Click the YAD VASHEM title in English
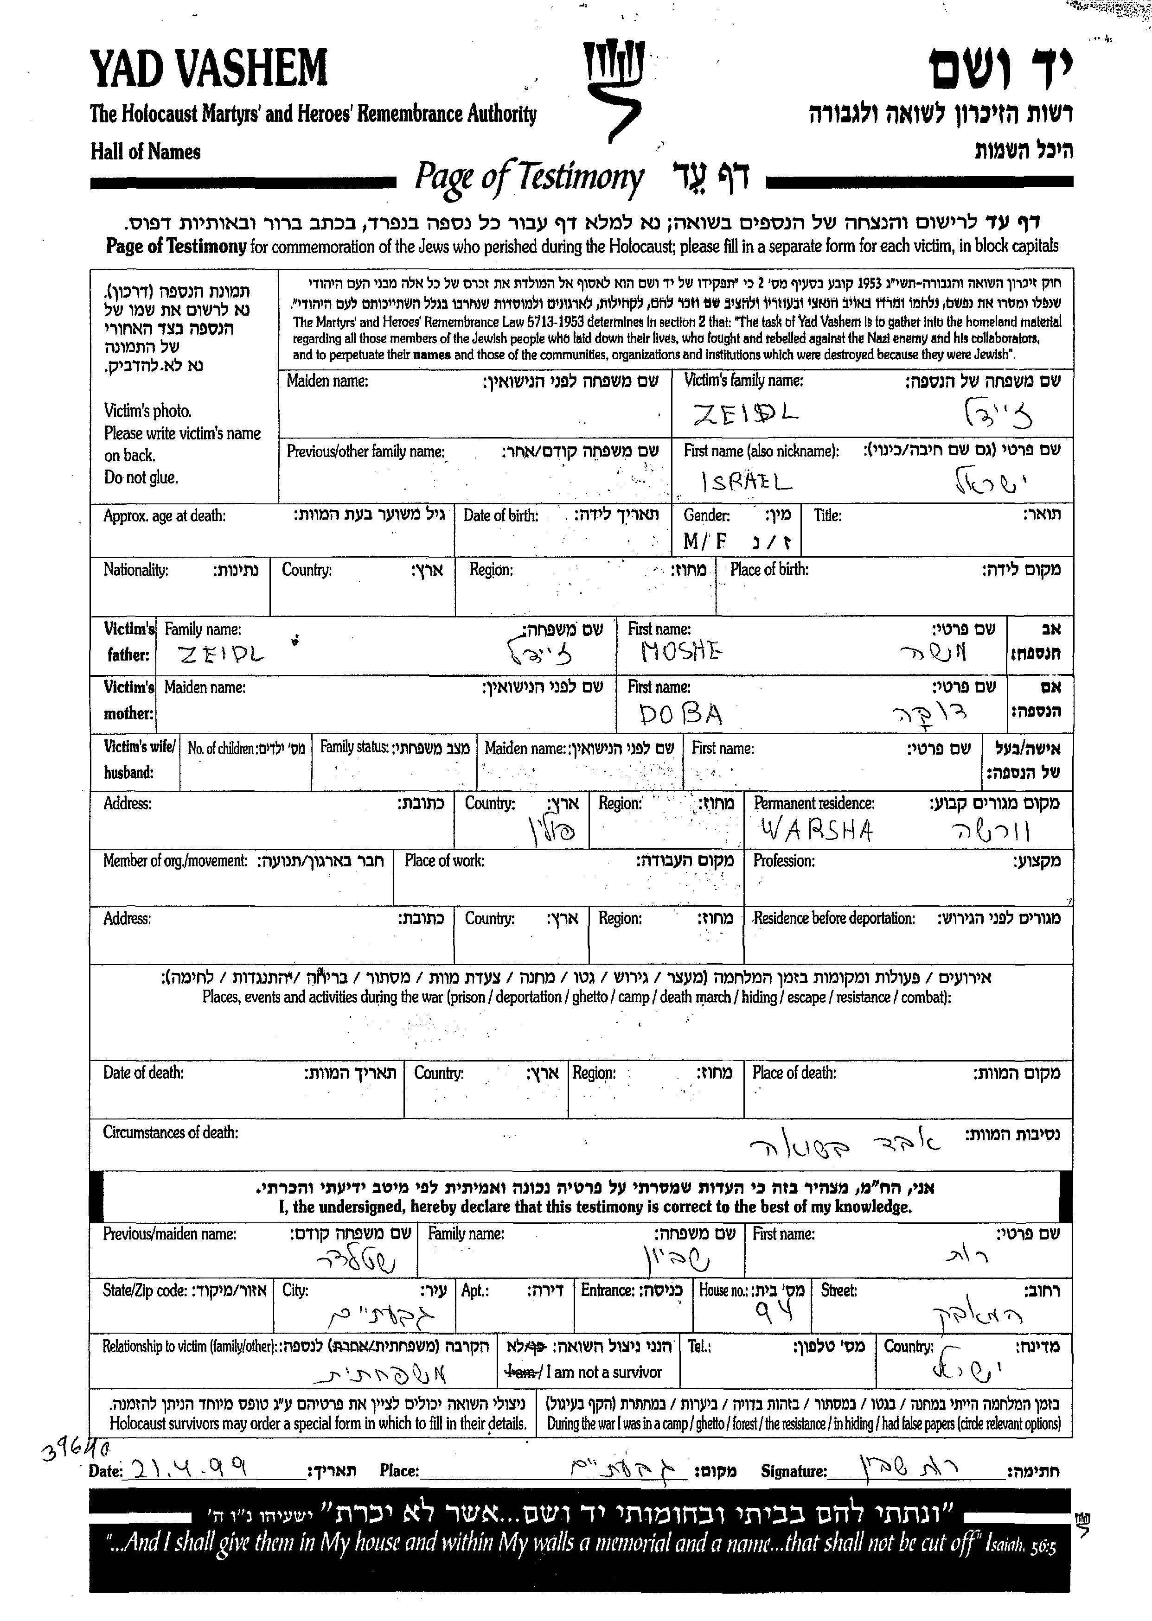coord(209,70)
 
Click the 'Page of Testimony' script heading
coord(529,177)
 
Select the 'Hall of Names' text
coord(146,152)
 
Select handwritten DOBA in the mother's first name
coord(680,713)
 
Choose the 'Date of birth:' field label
coord(501,515)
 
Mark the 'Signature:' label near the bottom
coord(794,1471)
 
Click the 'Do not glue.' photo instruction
coord(141,477)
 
